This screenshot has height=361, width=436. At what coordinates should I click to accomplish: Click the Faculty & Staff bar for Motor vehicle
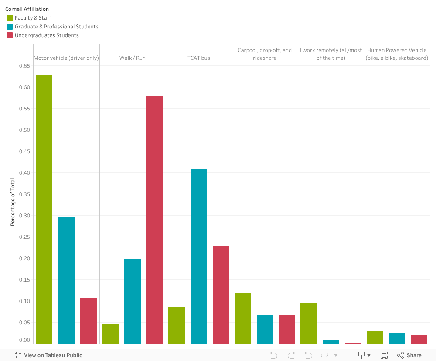(44, 209)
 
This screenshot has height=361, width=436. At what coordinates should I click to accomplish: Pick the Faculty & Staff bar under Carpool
(243, 318)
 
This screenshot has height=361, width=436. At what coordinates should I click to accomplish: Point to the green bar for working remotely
(309, 323)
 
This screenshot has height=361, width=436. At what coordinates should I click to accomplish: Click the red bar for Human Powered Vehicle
(419, 339)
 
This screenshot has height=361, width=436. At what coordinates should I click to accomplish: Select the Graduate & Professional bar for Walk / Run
(133, 301)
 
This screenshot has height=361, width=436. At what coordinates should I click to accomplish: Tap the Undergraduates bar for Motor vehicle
(89, 320)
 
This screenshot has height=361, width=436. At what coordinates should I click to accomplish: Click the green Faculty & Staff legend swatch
(9, 18)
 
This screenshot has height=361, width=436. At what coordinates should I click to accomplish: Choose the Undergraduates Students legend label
(47, 35)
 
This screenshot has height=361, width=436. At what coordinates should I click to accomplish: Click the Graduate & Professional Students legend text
(56, 27)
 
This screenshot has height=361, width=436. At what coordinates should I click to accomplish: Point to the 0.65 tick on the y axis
(24, 66)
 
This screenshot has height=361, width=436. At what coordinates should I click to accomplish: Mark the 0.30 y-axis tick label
(24, 216)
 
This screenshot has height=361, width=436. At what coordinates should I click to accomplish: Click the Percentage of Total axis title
(13, 202)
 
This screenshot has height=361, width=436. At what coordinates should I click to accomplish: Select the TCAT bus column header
(199, 58)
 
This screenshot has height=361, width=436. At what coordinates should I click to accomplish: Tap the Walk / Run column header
(133, 58)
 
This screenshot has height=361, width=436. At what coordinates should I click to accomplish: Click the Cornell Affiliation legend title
(27, 9)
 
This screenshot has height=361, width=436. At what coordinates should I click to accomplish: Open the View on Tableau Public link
(48, 355)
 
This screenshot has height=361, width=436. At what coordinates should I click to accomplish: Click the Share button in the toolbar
(409, 355)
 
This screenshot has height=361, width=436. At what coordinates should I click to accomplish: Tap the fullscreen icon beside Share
(384, 355)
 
